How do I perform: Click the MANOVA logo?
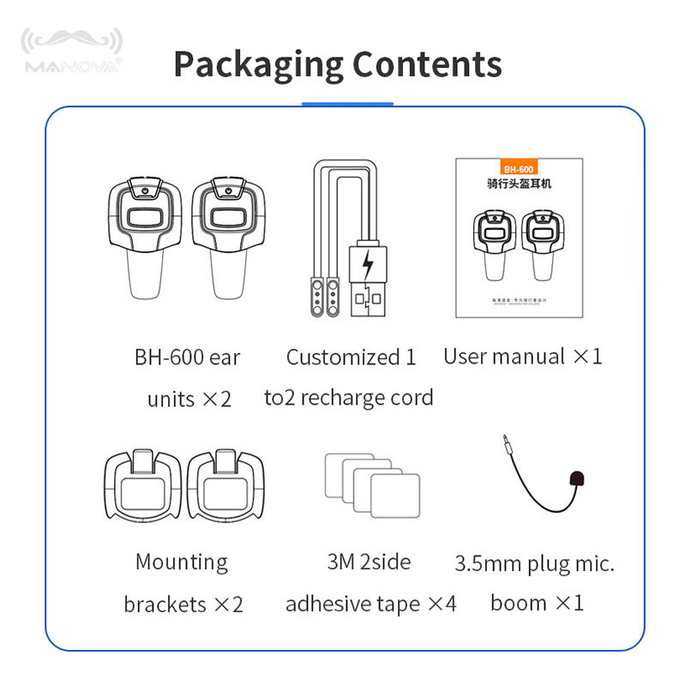[72, 52]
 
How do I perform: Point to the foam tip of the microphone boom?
[577, 478]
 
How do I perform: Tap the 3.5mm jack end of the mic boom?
[506, 444]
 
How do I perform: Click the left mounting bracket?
[142, 484]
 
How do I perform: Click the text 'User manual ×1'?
[523, 357]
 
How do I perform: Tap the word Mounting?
[182, 563]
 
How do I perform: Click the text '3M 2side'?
[369, 563]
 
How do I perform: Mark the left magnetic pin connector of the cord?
[314, 295]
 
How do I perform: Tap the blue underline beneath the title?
[346, 105]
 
